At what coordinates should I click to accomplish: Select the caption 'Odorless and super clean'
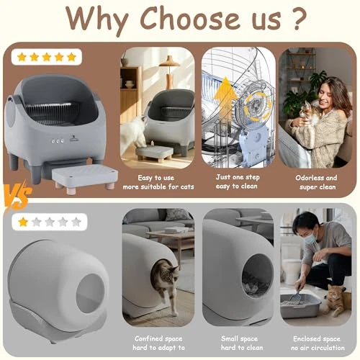click(316, 182)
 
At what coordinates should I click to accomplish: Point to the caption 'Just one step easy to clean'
click(238, 182)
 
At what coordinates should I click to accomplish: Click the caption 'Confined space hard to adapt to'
click(157, 342)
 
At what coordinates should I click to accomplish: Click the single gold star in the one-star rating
click(23, 222)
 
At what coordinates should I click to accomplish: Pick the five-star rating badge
click(47, 57)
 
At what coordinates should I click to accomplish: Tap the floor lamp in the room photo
click(169, 68)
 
